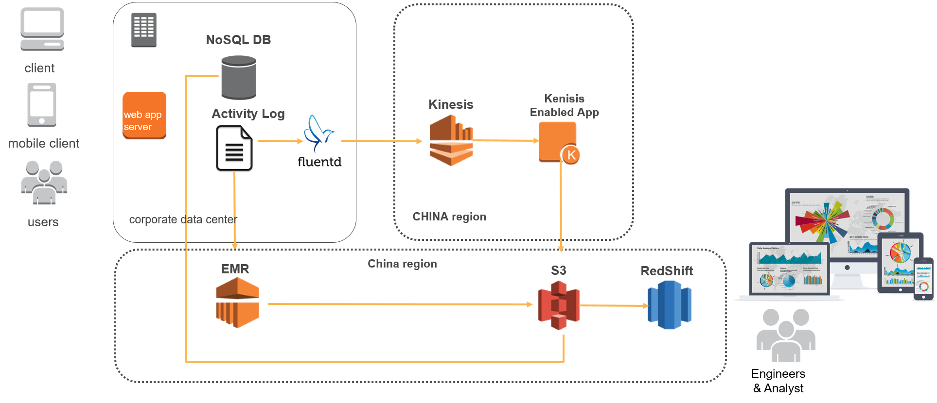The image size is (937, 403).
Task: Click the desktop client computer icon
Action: coord(42,29)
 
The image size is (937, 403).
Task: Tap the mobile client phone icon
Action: coord(42,104)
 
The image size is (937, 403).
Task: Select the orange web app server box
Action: coord(144,116)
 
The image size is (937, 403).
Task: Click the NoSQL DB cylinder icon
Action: coord(239,78)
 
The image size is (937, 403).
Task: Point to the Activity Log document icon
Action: coord(234,150)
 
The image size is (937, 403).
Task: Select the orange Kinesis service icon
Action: coord(451,140)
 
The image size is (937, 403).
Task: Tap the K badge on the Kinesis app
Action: coord(571,155)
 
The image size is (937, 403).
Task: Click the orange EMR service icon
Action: coord(237,303)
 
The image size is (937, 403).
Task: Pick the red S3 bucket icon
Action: coord(559,305)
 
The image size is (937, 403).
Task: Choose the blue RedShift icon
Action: coord(669,305)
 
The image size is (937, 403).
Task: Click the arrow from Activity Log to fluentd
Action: coord(280,141)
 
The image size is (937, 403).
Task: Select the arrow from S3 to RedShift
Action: coord(614,306)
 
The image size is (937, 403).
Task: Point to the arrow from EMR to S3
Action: coord(399,304)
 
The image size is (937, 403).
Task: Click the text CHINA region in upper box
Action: coord(449,217)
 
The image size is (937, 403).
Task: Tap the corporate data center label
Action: coord(183,219)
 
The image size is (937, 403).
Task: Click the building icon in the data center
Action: coord(144,30)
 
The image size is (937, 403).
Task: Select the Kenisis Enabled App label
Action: coord(564,105)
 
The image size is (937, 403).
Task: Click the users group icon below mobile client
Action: coord(44,183)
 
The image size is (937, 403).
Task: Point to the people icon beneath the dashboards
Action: coord(786,335)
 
